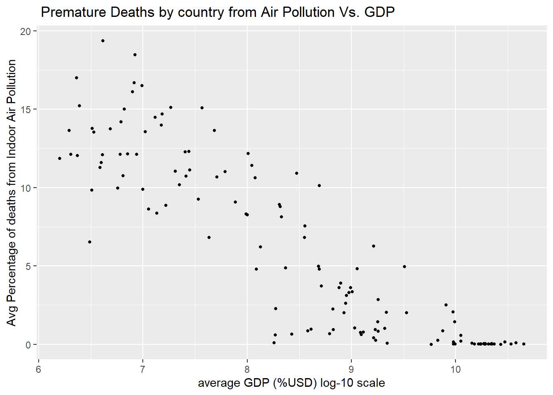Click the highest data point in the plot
[x=103, y=41]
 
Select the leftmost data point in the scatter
[x=60, y=158]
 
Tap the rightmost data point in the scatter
[x=524, y=344]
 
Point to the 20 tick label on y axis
[x=26, y=31]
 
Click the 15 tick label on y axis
[x=26, y=109]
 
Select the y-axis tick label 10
[x=26, y=188]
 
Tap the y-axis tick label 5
[x=28, y=266]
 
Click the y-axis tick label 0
[x=28, y=345]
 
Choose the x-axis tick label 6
[x=38, y=369]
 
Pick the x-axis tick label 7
[x=143, y=369]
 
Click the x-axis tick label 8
[x=247, y=369]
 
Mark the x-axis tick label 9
[x=351, y=369]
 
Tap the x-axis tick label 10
[x=455, y=369]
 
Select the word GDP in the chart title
[x=379, y=12]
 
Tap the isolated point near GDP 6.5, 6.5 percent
[x=90, y=242]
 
